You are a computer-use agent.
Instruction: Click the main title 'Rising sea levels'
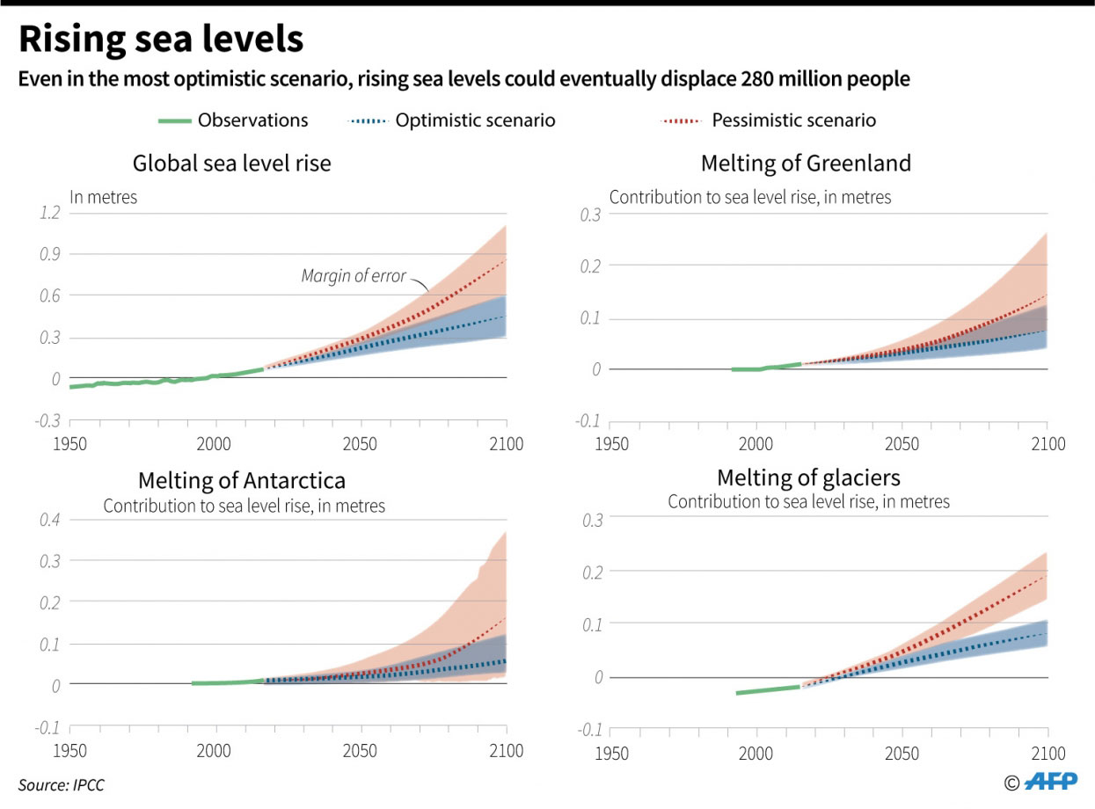pyautogui.click(x=161, y=40)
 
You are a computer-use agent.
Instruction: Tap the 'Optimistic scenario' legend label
pyautogui.click(x=475, y=120)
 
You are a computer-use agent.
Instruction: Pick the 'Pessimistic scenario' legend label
pyautogui.click(x=793, y=120)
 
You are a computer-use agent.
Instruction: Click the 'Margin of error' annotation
pyautogui.click(x=354, y=276)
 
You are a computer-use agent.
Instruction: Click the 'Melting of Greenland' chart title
pyautogui.click(x=805, y=164)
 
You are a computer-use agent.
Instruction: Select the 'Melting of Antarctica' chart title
pyautogui.click(x=241, y=481)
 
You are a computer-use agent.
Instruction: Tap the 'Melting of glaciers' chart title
pyautogui.click(x=808, y=477)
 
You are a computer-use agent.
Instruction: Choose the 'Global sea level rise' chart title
pyautogui.click(x=231, y=164)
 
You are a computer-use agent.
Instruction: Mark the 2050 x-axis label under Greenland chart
pyautogui.click(x=902, y=444)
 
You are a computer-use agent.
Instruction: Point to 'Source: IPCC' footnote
pyautogui.click(x=61, y=785)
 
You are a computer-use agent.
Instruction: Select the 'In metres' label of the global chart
pyautogui.click(x=104, y=198)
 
